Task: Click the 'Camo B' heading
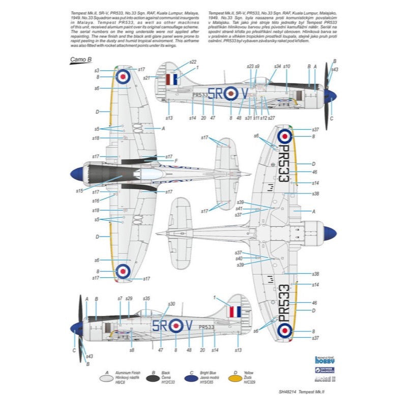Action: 78,60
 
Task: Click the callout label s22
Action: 193,62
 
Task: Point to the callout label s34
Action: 277,66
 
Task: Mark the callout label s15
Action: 79,191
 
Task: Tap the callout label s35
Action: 147,298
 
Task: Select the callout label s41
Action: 239,208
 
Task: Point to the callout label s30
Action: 171,304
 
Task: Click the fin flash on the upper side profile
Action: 172,79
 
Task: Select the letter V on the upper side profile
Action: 244,93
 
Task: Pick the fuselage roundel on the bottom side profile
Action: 176,325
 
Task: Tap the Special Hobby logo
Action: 327,358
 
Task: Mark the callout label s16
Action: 96,201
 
